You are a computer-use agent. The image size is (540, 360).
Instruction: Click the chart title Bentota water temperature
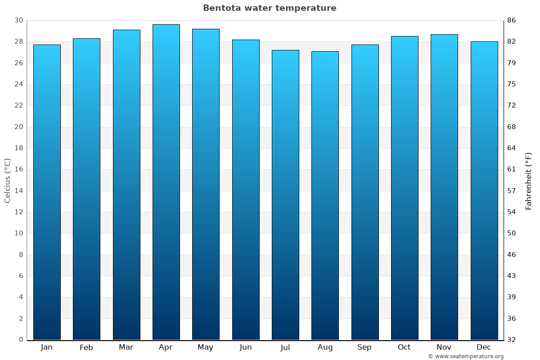click(x=270, y=8)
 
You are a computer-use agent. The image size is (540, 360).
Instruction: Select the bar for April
click(x=166, y=182)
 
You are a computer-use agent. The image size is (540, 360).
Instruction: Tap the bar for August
click(x=325, y=196)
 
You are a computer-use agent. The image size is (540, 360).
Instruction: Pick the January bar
click(x=47, y=192)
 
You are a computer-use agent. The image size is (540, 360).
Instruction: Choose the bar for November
click(x=444, y=187)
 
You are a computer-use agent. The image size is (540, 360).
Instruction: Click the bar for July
click(x=285, y=195)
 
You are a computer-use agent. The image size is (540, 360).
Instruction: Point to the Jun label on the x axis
click(x=246, y=347)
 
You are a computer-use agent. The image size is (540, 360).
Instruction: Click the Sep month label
click(x=364, y=347)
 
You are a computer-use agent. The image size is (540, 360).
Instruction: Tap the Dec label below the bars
click(x=484, y=347)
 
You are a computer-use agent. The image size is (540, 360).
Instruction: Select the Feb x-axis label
click(x=86, y=347)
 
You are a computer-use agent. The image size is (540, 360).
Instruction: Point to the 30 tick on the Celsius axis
click(x=18, y=20)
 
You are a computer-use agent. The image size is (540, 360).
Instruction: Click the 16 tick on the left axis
click(x=18, y=169)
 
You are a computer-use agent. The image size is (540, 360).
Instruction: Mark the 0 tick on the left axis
click(x=21, y=340)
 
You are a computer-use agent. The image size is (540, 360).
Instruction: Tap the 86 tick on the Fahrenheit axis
click(x=512, y=20)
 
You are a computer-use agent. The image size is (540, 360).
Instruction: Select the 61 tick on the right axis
click(x=512, y=169)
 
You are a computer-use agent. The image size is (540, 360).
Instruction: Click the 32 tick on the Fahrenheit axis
click(x=512, y=340)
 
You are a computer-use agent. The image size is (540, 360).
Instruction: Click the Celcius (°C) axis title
click(x=7, y=180)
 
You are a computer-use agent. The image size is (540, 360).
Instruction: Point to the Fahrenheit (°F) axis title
click(x=529, y=180)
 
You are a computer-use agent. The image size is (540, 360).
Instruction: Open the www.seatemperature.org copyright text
click(x=466, y=356)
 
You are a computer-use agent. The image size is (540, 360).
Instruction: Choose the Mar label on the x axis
click(x=126, y=347)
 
